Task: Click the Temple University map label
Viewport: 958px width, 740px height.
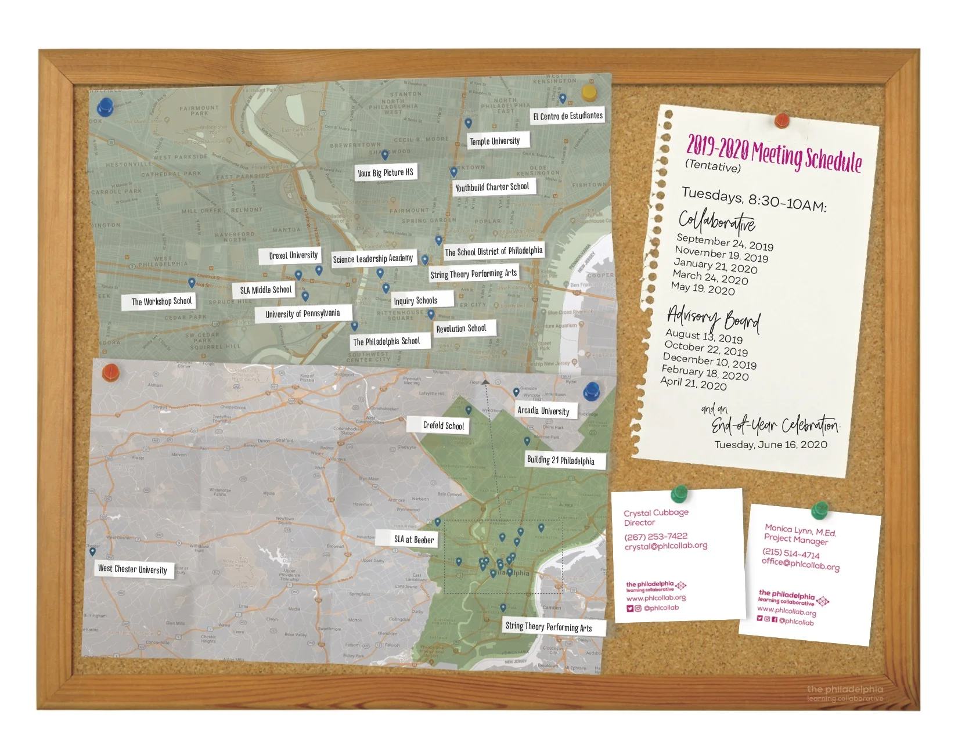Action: (495, 141)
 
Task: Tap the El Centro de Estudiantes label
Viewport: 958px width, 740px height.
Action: (568, 116)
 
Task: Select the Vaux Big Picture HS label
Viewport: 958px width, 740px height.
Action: (386, 172)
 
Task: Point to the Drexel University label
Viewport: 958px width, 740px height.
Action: (293, 255)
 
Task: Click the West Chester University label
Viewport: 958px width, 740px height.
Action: (132, 569)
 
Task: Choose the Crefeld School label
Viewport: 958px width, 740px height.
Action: (444, 425)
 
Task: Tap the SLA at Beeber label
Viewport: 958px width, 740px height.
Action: (414, 539)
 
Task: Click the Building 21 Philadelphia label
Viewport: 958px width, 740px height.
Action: (560, 460)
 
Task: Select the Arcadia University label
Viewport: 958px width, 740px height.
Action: (543, 410)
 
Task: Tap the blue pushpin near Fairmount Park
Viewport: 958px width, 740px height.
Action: (105, 106)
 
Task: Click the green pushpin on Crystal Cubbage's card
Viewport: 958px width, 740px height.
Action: (678, 494)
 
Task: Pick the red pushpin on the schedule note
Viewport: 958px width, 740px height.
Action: (781, 120)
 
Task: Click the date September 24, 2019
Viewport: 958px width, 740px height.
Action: (725, 242)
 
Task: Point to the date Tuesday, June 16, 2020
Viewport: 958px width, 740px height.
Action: (770, 445)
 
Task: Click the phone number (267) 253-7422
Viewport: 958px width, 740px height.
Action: (656, 536)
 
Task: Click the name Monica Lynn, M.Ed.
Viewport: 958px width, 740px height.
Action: (800, 530)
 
